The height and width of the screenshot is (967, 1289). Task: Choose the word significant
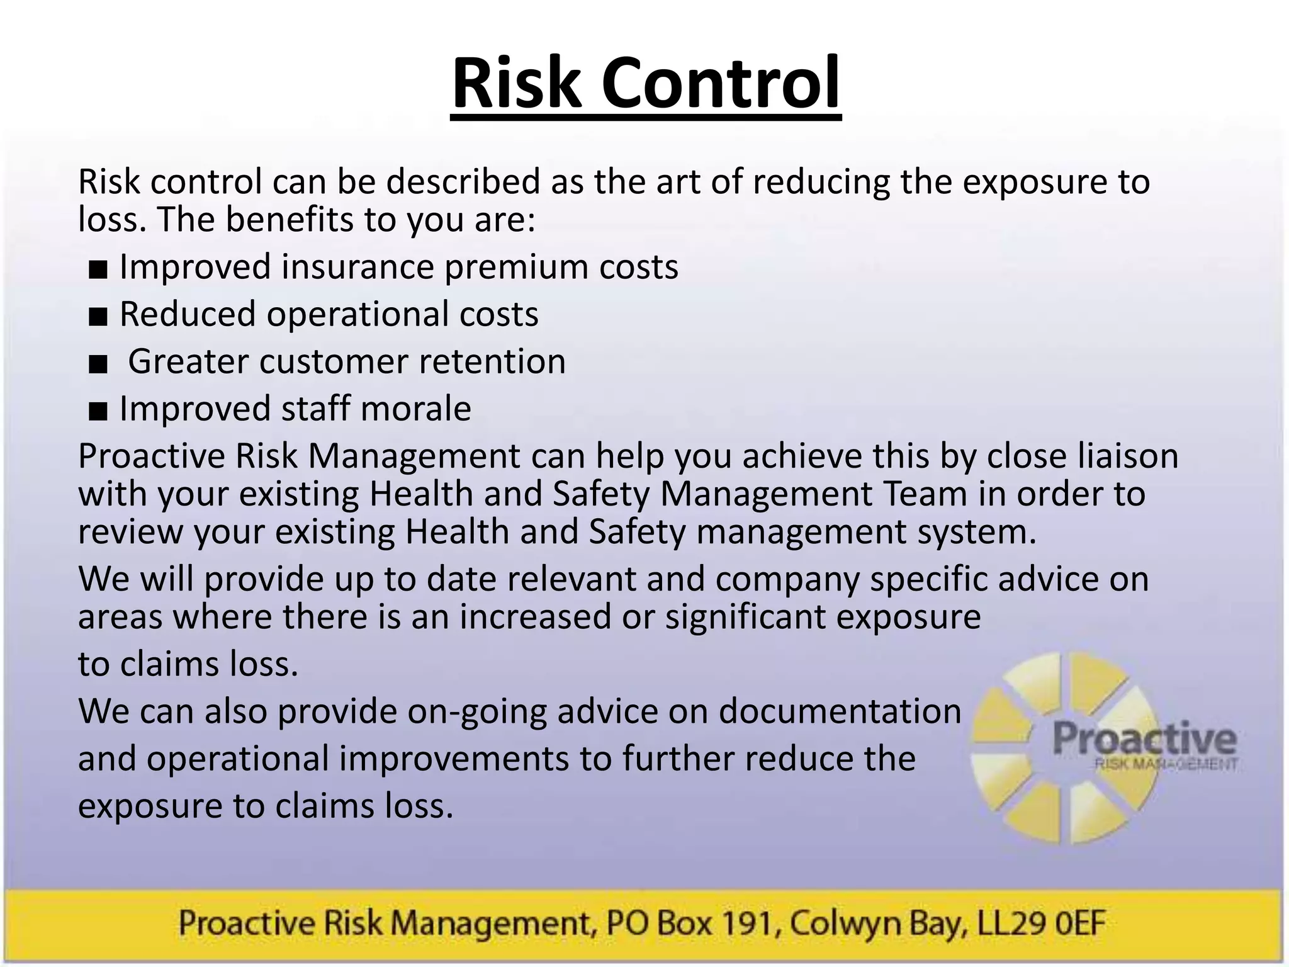(745, 616)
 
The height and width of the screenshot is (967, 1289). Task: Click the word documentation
(840, 711)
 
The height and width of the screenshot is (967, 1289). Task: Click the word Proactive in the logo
(1144, 738)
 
